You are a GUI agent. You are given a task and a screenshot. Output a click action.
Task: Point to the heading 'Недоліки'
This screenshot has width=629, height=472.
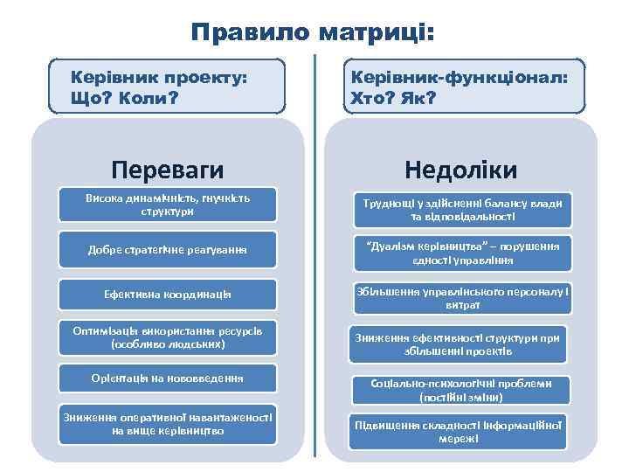(x=460, y=168)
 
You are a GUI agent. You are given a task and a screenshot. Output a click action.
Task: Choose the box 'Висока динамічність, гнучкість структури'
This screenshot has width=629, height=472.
(x=167, y=205)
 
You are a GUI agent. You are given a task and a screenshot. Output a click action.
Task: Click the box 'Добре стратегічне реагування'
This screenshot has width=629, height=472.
(x=167, y=250)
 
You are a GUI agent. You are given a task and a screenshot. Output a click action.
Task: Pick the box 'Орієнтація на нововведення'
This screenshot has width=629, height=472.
(x=167, y=378)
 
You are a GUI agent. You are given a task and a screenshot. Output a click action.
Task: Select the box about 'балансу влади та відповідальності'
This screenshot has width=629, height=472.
(x=462, y=210)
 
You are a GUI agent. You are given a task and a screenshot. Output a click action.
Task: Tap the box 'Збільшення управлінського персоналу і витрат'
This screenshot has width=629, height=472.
(x=462, y=298)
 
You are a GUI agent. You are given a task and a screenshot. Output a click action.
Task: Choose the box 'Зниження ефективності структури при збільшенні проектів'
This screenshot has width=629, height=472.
(x=458, y=344)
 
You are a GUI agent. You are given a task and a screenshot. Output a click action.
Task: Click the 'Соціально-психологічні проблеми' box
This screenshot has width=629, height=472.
(x=460, y=390)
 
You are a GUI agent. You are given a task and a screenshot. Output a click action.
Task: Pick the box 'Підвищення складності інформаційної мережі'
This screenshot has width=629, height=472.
(x=458, y=430)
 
